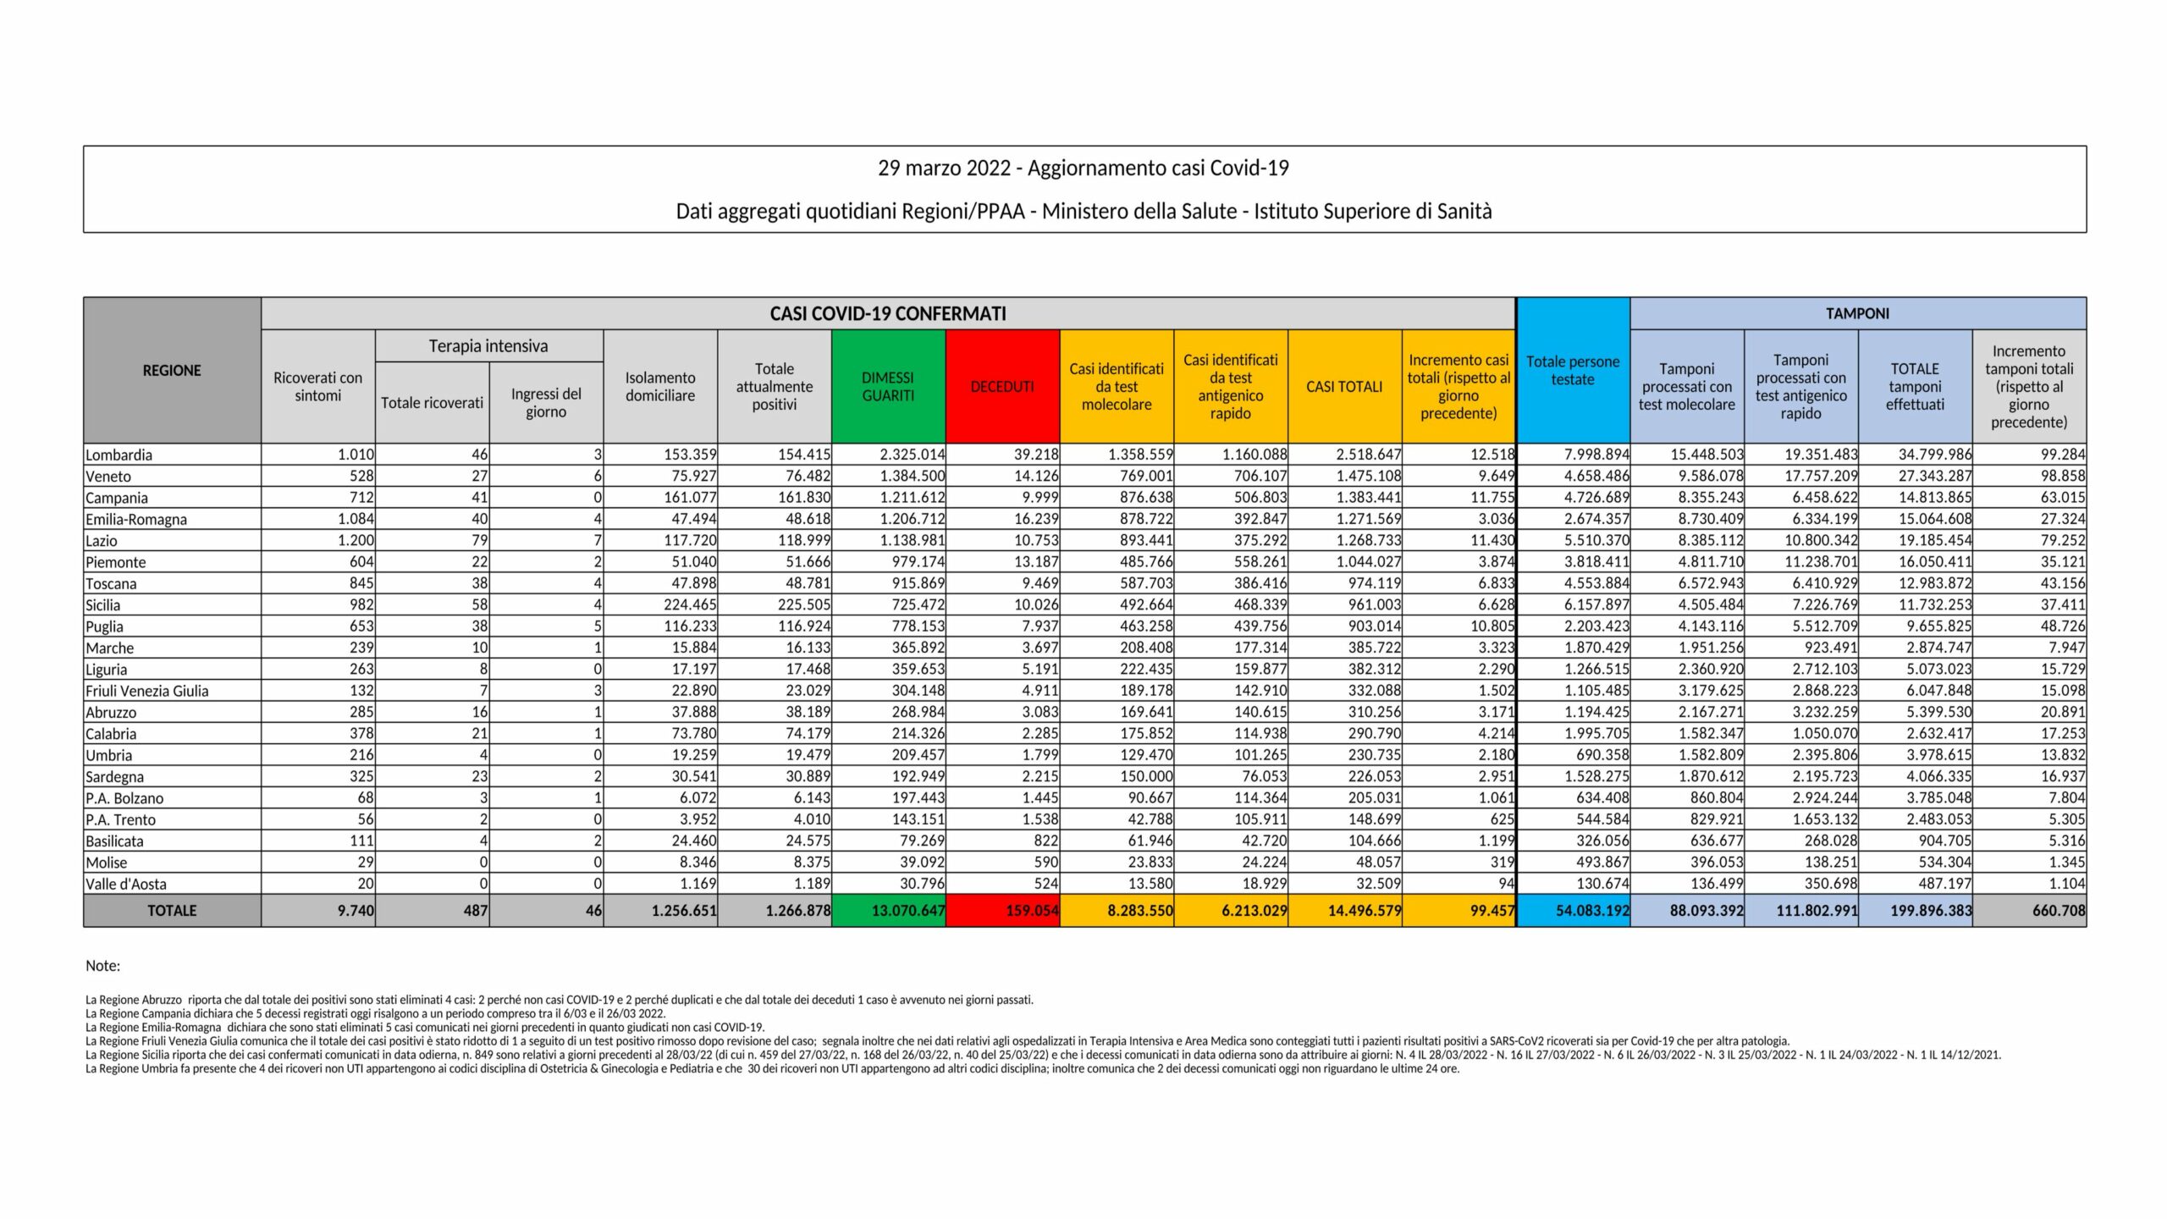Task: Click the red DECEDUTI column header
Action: [1002, 387]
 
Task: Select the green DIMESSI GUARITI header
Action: [888, 387]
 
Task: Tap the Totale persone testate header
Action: [1573, 371]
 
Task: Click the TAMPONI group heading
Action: [1857, 314]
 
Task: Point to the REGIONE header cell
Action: [172, 371]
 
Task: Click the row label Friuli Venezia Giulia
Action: [147, 691]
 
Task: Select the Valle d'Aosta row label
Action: [126, 884]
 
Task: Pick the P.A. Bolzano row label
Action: [124, 798]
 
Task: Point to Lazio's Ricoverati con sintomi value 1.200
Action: [356, 541]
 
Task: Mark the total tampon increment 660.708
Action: [2059, 911]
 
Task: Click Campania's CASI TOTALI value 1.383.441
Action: [1369, 498]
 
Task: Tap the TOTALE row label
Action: [172, 911]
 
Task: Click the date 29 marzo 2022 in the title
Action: [944, 168]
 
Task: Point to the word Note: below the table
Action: [103, 966]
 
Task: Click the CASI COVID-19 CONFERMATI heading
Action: [888, 314]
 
